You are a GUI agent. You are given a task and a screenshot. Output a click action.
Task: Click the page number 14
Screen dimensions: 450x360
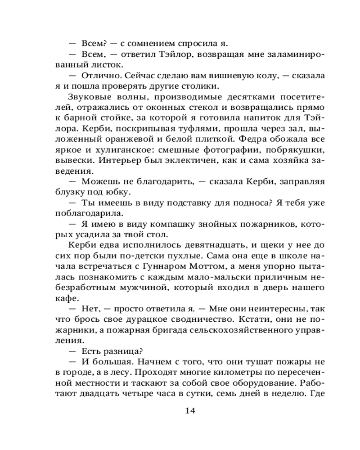(x=189, y=410)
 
